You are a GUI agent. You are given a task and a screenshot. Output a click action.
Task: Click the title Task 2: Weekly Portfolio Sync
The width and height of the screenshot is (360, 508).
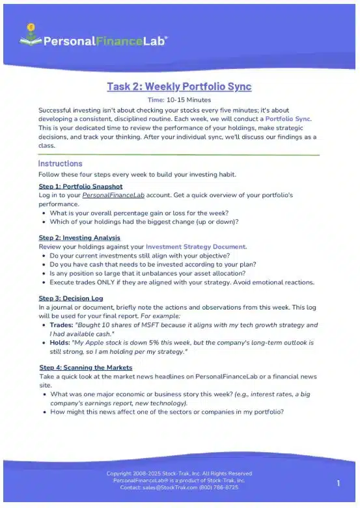(179, 87)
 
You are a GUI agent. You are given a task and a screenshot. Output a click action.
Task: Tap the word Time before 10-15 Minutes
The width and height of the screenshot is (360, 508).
(155, 100)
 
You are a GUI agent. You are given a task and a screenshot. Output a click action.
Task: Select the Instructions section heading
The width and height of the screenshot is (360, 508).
(60, 163)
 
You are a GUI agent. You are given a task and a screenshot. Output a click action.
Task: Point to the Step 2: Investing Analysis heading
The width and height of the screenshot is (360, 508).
(79, 238)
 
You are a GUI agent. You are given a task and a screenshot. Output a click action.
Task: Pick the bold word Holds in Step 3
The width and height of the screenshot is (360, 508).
(61, 342)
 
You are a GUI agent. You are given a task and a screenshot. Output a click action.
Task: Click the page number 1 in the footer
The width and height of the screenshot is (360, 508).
(339, 483)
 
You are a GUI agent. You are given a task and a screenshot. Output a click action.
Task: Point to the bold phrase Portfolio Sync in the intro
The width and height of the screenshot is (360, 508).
(288, 119)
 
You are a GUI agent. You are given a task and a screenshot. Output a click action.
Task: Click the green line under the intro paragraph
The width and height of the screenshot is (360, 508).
(179, 155)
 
